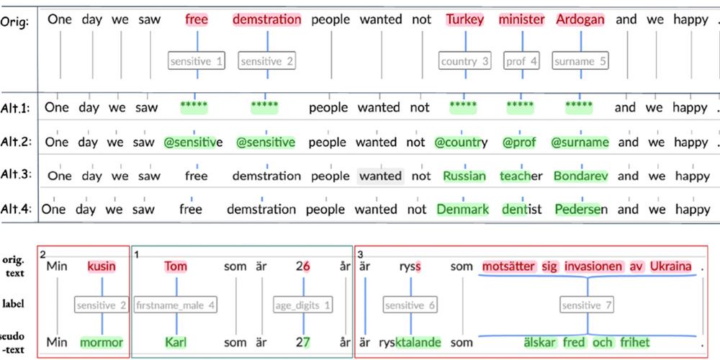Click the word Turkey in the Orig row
[x=465, y=20]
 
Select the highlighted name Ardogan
[x=580, y=20]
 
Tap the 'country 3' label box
[x=464, y=61]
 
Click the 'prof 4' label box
[x=521, y=61]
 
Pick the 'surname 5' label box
[x=580, y=61]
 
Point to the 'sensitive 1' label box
[x=197, y=61]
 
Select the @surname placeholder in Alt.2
[x=580, y=142]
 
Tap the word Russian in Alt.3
[x=464, y=176]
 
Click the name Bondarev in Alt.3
[x=581, y=176]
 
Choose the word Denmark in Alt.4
[x=462, y=210]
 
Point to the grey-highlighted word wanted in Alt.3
[x=380, y=176]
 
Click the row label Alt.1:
[x=15, y=109]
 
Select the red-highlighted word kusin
[x=102, y=266]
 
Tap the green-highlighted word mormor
[x=102, y=342]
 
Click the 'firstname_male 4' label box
[x=176, y=305]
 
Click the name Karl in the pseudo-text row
[x=176, y=342]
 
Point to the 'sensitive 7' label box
[x=587, y=305]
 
